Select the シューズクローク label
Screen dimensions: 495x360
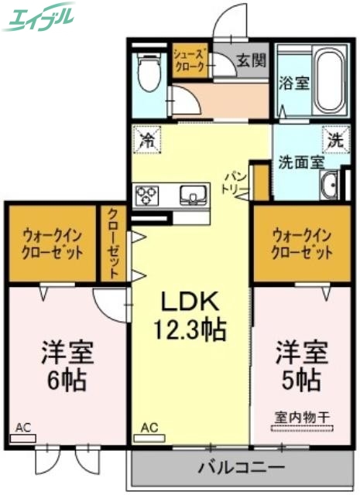click(x=190, y=60)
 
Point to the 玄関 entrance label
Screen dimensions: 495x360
click(x=247, y=60)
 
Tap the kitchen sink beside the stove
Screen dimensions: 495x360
click(x=191, y=193)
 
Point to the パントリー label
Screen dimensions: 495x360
click(x=237, y=182)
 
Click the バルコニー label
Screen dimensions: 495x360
click(x=240, y=468)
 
